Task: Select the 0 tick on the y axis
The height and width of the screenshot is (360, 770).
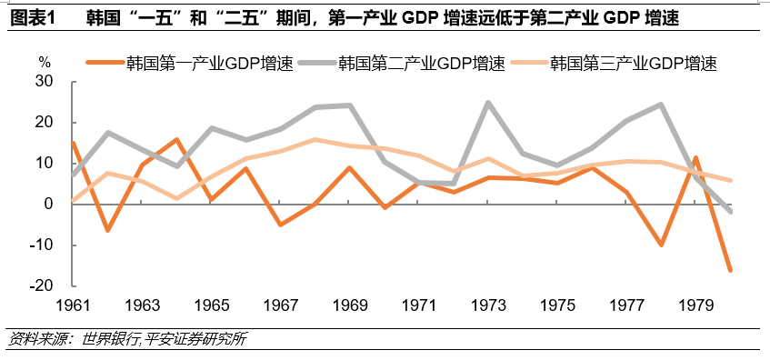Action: click(x=51, y=205)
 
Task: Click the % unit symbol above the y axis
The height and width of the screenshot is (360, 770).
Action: click(x=45, y=62)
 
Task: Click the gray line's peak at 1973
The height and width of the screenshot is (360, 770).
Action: click(x=488, y=103)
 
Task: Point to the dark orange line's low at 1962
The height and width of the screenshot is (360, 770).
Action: click(x=108, y=231)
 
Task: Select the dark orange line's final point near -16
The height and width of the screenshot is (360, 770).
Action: click(x=730, y=270)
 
